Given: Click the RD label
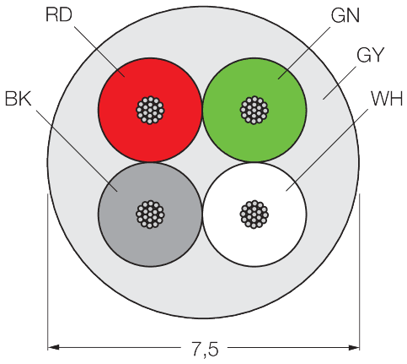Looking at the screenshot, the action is pos(59,15).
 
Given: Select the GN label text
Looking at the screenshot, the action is pos(345,15).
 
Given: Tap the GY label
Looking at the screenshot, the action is pos(370,55).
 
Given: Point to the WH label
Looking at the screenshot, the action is pos(387,99).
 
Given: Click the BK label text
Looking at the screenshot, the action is pos(18,99).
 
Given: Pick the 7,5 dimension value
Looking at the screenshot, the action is pos(205,349).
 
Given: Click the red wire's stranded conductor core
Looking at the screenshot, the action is pos(150,110).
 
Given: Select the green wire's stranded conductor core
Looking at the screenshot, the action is pos(254,110).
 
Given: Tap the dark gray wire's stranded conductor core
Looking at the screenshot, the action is pos(150,215).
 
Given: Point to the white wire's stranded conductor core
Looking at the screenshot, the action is pos(254,215).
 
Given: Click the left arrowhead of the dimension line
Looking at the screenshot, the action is pos(53,347).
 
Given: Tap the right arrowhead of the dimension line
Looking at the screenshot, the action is pos(354,347).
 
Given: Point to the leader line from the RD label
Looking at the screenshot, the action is pos(99,52).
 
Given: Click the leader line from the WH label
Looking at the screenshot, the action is pos(327,150).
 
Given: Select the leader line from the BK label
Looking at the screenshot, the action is pos(77,151).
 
